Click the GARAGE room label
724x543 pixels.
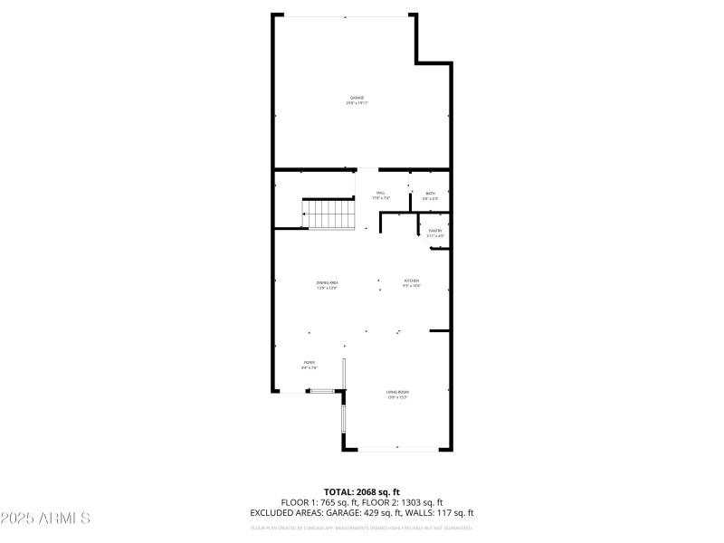coord(357,98)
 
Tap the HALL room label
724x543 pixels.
coord(381,193)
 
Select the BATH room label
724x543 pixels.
coord(431,193)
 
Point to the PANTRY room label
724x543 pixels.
coord(435,231)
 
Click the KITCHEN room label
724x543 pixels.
coord(412,281)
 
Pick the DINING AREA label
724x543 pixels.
coord(328,283)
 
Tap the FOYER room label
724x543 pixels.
coord(310,363)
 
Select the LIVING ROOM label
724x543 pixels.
coord(398,392)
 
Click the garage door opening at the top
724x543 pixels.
coord(345,15)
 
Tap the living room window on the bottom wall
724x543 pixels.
coord(396,448)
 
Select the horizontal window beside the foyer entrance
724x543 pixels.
coord(320,391)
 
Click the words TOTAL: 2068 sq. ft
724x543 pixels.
coord(362,492)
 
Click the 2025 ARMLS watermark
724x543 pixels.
coord(45,519)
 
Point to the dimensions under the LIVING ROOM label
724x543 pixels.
coord(398,397)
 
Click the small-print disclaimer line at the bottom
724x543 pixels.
coord(362,526)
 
